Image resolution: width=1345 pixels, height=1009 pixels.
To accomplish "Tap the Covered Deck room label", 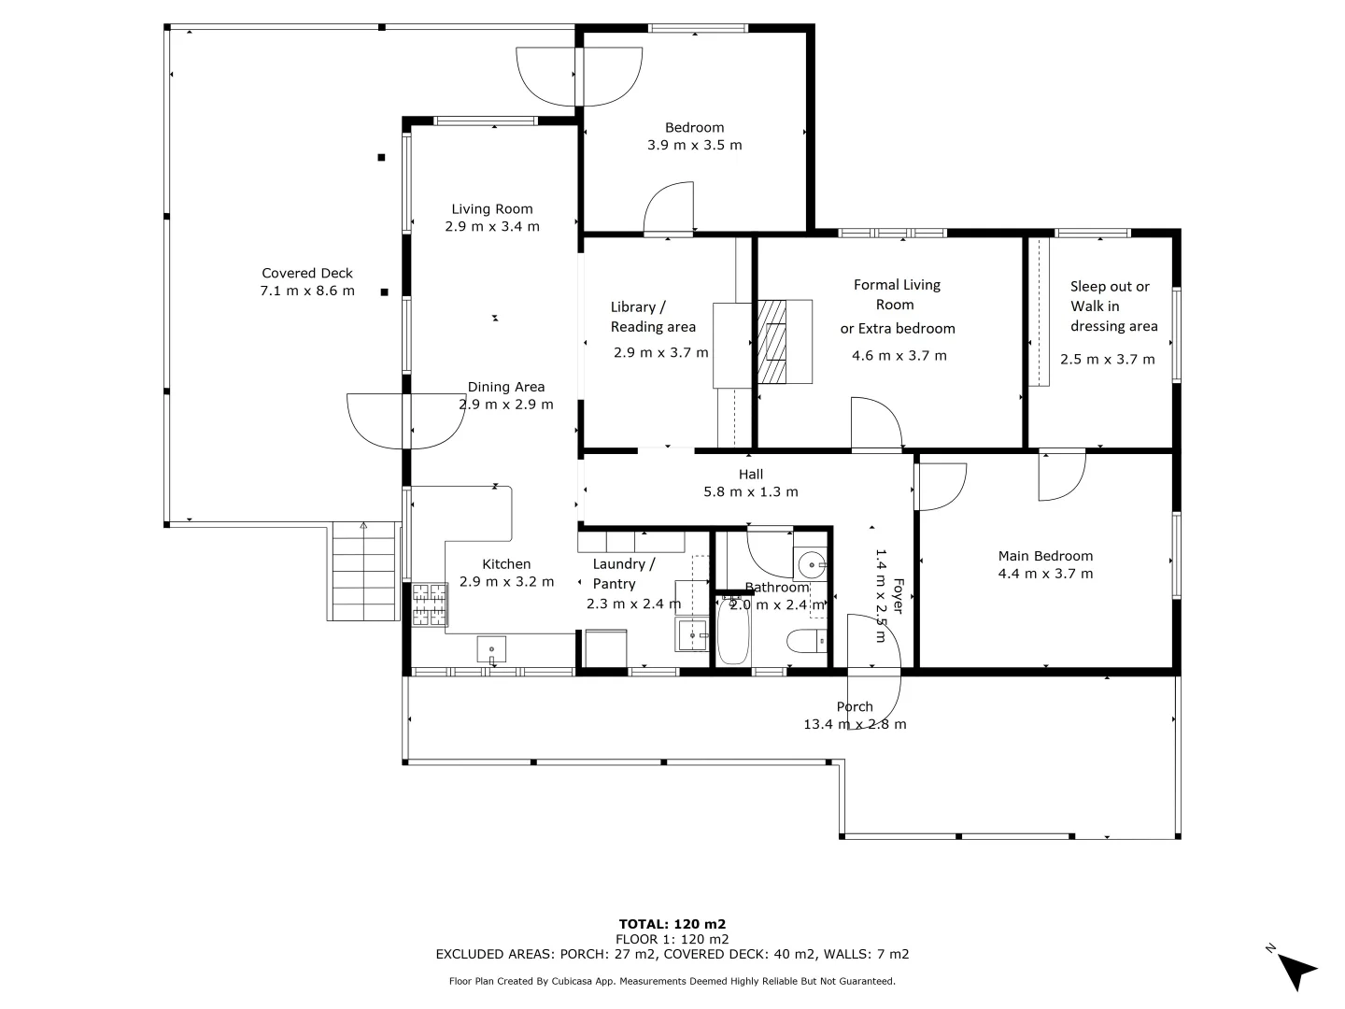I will tap(307, 274).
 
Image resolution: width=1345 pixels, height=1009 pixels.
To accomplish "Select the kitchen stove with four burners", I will tap(430, 604).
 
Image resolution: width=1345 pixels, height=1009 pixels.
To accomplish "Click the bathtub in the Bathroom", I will tap(733, 634).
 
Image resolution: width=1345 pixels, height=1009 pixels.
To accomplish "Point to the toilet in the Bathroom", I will tap(806, 641).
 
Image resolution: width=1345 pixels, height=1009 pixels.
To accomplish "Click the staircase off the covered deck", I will tap(364, 572).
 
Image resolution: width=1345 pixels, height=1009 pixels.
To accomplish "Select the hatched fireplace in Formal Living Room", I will tap(772, 342).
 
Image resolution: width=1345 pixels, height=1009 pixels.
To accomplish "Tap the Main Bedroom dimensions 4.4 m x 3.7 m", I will tap(1045, 574).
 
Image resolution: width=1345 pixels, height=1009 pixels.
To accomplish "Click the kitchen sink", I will tap(491, 648).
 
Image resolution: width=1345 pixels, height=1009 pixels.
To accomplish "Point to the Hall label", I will tap(751, 475).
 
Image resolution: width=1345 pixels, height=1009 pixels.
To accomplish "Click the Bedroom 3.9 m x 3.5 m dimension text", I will tap(695, 145).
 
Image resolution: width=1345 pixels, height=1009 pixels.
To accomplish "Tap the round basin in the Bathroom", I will tap(809, 564).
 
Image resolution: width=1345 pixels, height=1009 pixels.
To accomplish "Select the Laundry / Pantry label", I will tap(624, 574).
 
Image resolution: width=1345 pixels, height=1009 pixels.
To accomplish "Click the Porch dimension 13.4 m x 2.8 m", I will tap(855, 724).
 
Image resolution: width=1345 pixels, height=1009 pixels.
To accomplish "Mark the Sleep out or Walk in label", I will tap(1111, 296).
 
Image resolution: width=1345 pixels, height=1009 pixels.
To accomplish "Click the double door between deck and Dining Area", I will tap(406, 421).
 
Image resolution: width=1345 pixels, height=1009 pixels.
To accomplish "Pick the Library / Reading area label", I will tap(653, 317).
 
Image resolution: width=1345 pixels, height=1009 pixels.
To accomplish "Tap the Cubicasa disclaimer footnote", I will tap(672, 981).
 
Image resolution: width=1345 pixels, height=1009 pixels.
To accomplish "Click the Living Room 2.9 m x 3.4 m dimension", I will tap(492, 226).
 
